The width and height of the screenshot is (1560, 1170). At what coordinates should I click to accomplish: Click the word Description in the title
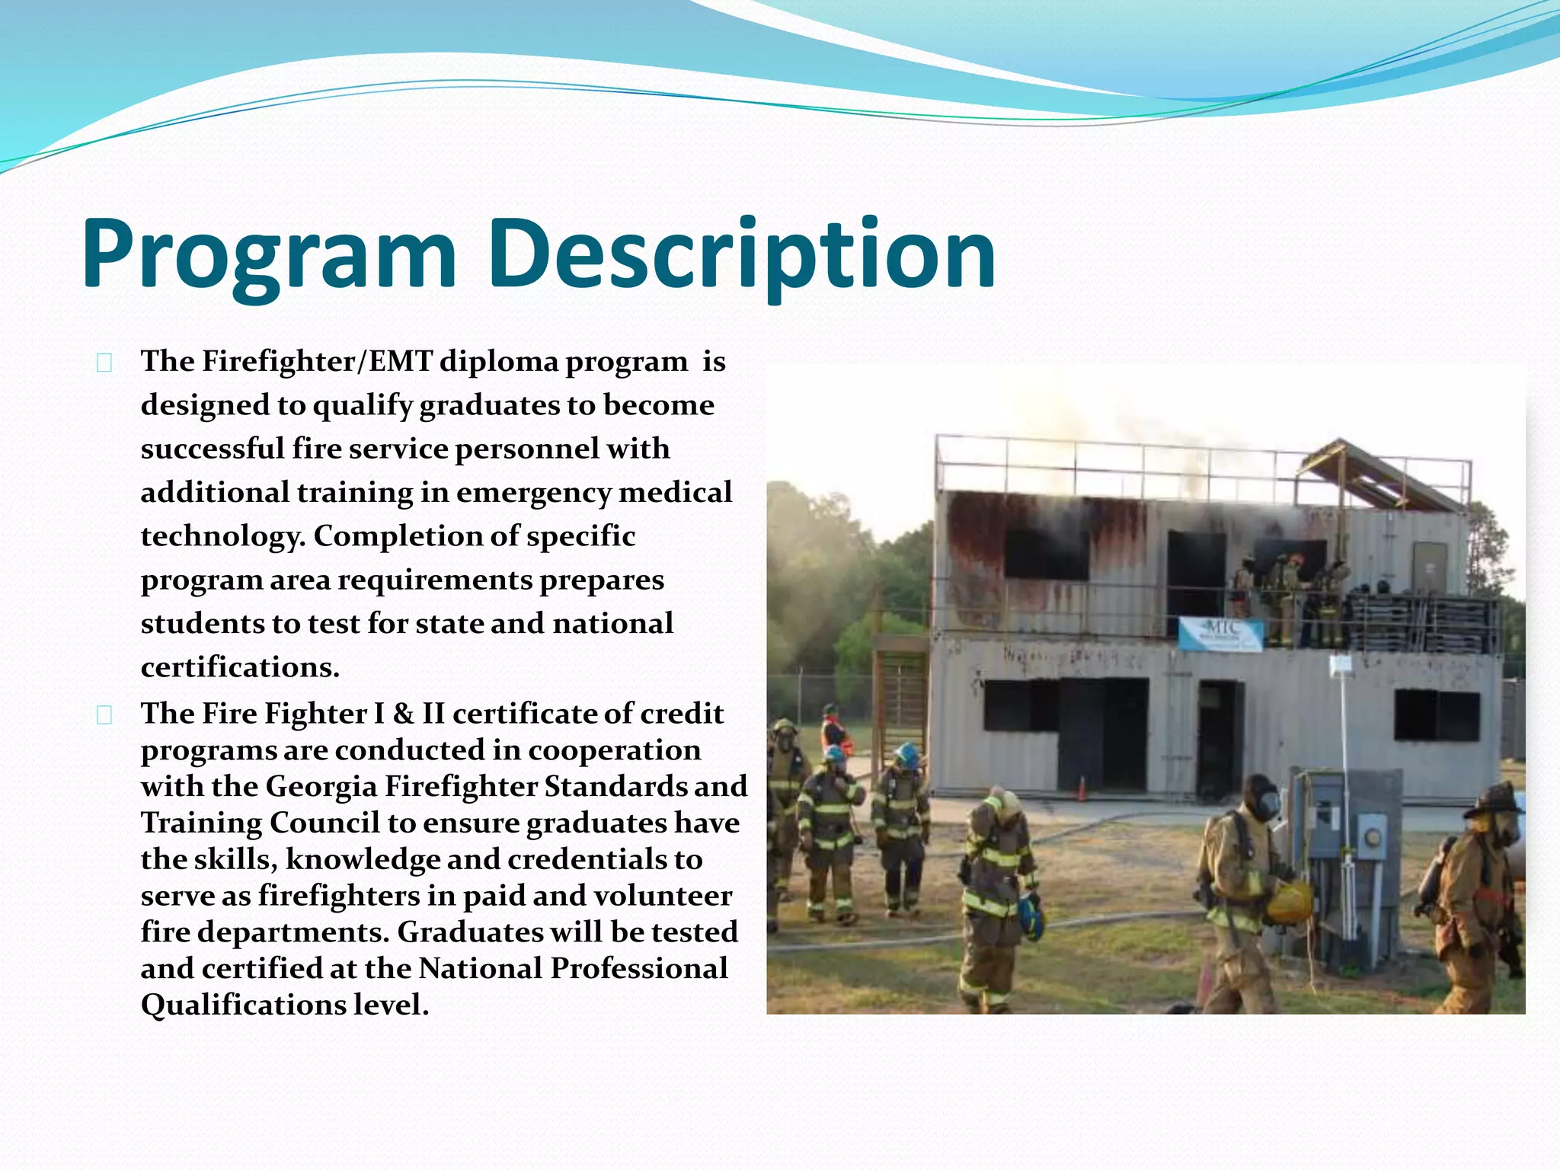point(742,255)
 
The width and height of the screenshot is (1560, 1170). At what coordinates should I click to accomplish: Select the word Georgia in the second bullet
point(321,786)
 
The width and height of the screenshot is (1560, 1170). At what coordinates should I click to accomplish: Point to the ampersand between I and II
point(403,714)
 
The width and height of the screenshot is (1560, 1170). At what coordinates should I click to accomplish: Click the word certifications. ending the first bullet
point(240,667)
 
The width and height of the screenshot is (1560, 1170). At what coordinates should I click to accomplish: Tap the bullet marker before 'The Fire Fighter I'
point(104,714)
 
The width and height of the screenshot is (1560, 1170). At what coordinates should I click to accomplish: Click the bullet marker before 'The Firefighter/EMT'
point(104,363)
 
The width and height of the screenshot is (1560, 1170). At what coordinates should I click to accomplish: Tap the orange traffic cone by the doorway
point(1081,789)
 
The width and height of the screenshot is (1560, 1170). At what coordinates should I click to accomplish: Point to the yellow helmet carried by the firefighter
point(1290,901)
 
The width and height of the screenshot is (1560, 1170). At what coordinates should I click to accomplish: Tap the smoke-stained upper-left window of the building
point(1046,554)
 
